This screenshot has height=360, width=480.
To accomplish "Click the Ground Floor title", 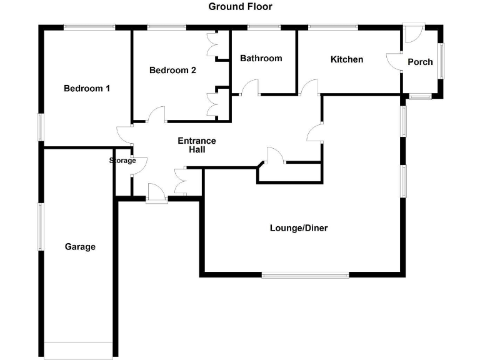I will click(x=240, y=7).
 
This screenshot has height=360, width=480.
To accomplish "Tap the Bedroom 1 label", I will click(x=87, y=89).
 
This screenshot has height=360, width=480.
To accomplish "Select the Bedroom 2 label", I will click(x=172, y=71).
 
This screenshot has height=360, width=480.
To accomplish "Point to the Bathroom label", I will click(x=261, y=59).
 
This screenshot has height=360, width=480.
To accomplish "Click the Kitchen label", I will click(x=347, y=59).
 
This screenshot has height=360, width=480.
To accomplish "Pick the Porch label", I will click(x=420, y=62).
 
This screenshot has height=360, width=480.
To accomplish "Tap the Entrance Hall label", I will click(x=197, y=145).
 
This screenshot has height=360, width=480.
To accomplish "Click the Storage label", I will click(x=122, y=161).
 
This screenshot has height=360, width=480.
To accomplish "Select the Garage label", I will click(x=80, y=247).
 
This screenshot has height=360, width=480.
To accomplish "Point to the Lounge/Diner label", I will click(x=299, y=228).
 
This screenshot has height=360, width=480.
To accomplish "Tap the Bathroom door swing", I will click(x=251, y=87).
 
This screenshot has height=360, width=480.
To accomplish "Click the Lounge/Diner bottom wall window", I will click(x=305, y=274).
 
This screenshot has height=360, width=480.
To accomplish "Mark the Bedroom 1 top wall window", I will click(x=89, y=26).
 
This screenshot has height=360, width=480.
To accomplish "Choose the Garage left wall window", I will click(x=41, y=226).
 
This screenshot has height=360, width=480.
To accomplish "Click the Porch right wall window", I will click(x=441, y=60).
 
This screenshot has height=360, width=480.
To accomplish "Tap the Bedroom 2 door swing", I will click(x=156, y=114).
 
